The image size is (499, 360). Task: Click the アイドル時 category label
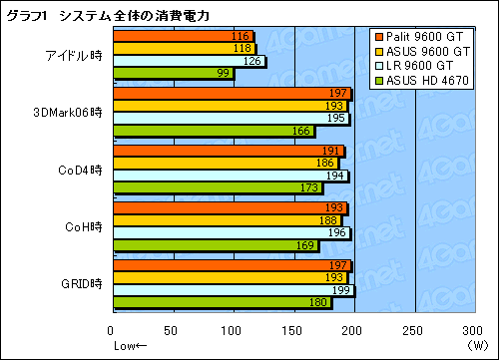74,54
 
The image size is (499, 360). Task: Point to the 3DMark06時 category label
68,112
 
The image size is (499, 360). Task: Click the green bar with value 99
172,73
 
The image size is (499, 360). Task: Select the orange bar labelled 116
180,36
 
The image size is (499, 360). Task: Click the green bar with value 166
213,131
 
